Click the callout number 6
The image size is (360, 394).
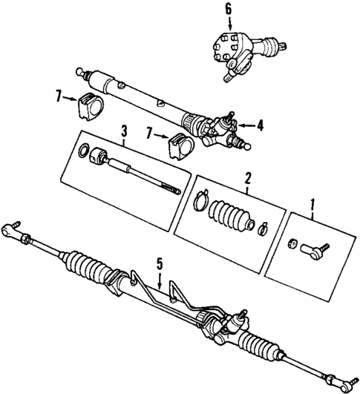pos(229,10)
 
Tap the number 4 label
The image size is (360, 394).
pos(261,125)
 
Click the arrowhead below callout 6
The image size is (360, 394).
pos(229,27)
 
